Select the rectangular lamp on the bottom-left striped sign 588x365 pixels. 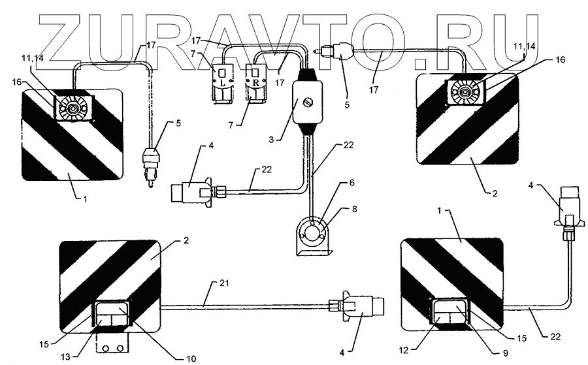click(112, 316)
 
